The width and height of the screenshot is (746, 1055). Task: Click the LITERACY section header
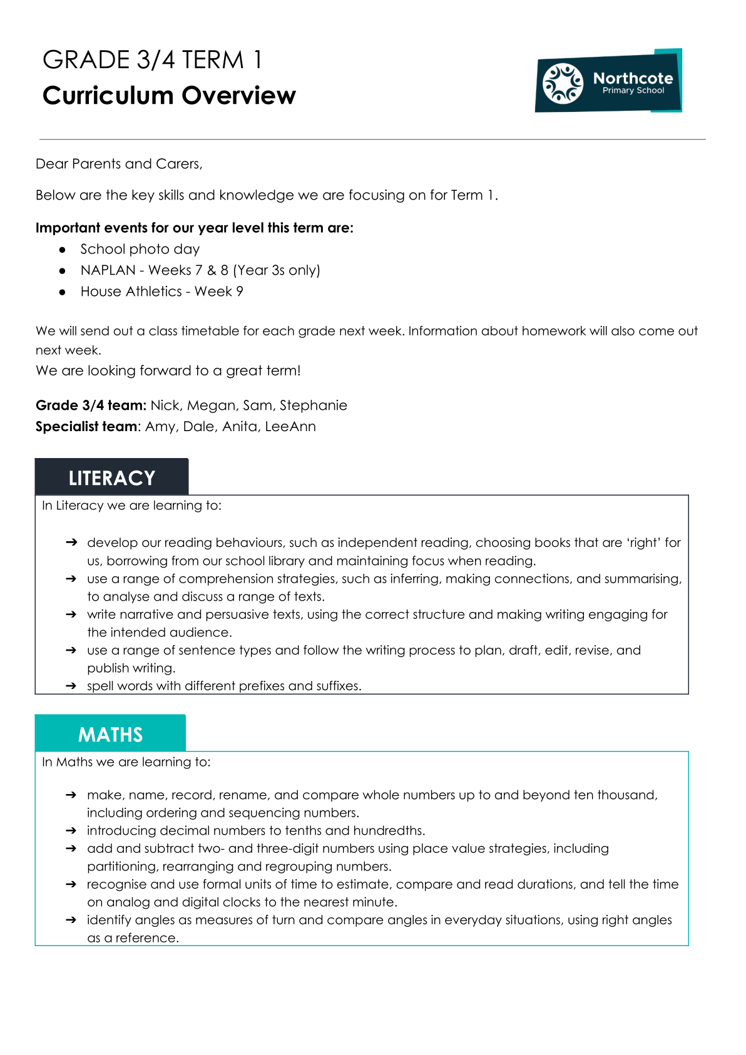111,478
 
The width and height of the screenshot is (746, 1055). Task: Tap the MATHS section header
110,734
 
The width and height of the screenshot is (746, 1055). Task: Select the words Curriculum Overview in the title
169,96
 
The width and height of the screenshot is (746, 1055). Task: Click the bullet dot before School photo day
63,250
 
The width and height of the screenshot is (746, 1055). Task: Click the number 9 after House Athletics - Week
239,292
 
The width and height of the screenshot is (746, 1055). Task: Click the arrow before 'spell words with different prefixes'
71,686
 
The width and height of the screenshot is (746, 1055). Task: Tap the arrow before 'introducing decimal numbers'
71,830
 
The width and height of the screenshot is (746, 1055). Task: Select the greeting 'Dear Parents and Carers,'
119,164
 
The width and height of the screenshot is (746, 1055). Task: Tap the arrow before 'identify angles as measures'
71,920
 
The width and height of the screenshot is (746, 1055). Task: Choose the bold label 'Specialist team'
86,427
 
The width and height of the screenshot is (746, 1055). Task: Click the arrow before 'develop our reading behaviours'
71,543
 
